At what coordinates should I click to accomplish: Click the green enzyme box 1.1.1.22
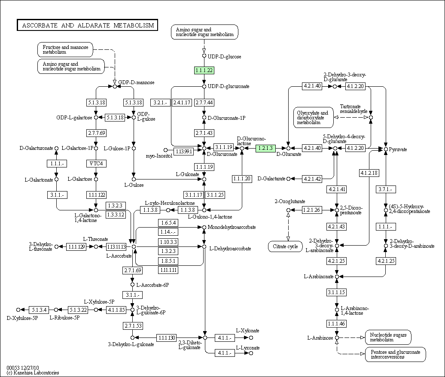click(204, 70)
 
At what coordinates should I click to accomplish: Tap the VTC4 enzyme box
click(96, 164)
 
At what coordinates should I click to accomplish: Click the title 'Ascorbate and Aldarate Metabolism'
click(88, 25)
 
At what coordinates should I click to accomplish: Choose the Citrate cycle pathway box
click(285, 246)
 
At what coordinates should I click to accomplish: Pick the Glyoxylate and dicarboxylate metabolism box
click(314, 117)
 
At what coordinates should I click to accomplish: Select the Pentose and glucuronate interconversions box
click(395, 354)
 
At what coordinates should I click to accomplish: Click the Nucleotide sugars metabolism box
click(388, 337)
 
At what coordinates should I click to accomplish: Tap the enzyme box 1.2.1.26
click(312, 210)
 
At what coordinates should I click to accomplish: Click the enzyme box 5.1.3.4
click(39, 310)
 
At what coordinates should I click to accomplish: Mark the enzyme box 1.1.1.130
click(166, 337)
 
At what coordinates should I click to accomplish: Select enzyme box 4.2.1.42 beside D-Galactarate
click(312, 179)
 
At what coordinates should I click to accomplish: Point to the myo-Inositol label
click(159, 156)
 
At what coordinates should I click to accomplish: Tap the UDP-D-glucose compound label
click(224, 56)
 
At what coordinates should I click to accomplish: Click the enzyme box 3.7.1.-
click(386, 189)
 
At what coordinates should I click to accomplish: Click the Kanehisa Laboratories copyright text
click(33, 372)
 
